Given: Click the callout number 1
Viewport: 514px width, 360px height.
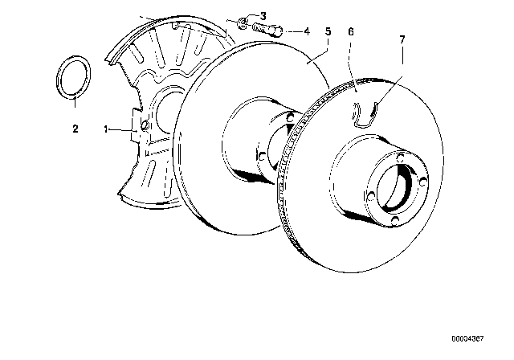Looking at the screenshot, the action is (x=106, y=129).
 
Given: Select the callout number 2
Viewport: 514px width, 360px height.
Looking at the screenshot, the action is (x=75, y=129).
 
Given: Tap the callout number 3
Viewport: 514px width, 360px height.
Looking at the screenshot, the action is (x=263, y=16).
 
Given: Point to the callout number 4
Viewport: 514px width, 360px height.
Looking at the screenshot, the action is (x=307, y=31).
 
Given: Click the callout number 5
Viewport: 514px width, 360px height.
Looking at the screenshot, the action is (x=328, y=31).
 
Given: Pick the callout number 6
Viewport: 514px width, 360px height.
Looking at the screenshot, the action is (x=351, y=32).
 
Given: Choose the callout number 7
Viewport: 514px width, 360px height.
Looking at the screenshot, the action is (x=402, y=39).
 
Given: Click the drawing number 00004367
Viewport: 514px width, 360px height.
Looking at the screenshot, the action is (x=467, y=338).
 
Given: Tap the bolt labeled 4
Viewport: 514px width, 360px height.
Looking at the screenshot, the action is (x=267, y=30).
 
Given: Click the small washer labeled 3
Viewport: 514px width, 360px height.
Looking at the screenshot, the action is (x=243, y=22).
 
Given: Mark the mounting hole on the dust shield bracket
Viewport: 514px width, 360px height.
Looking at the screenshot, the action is (x=145, y=125).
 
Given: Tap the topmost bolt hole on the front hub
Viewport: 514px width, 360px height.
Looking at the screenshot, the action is (x=400, y=158).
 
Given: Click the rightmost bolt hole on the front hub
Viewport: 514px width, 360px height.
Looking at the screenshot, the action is (x=423, y=182).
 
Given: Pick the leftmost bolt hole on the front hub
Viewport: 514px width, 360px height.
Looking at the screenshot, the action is (x=371, y=196).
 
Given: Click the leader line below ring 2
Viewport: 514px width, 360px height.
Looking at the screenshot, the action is (x=75, y=102).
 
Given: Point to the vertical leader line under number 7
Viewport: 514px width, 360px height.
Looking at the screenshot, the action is (x=402, y=55).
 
